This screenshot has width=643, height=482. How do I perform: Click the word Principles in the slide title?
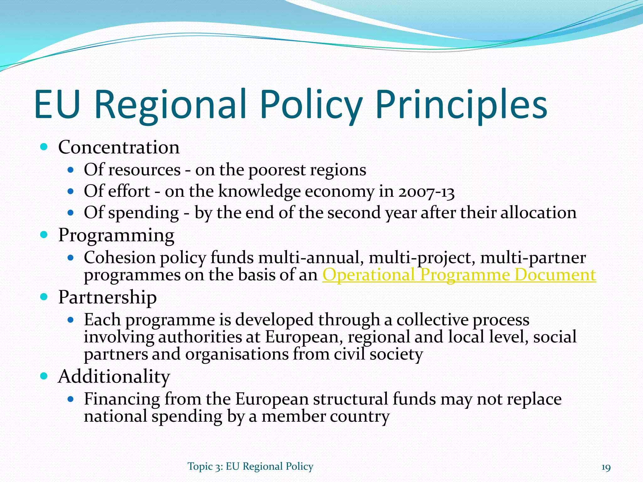(461, 104)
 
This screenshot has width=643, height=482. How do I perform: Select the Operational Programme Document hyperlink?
(459, 275)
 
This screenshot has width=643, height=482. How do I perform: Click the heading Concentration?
(119, 147)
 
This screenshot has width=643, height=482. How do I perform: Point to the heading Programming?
(116, 235)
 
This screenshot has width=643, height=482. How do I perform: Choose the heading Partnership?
(107, 297)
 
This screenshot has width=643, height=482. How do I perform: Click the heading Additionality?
(114, 376)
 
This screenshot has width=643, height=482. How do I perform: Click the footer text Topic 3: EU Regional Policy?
(250, 467)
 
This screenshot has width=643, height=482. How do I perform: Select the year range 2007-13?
(426, 191)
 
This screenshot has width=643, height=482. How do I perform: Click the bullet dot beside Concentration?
(44, 147)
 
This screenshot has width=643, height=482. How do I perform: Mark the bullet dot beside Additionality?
(44, 376)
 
